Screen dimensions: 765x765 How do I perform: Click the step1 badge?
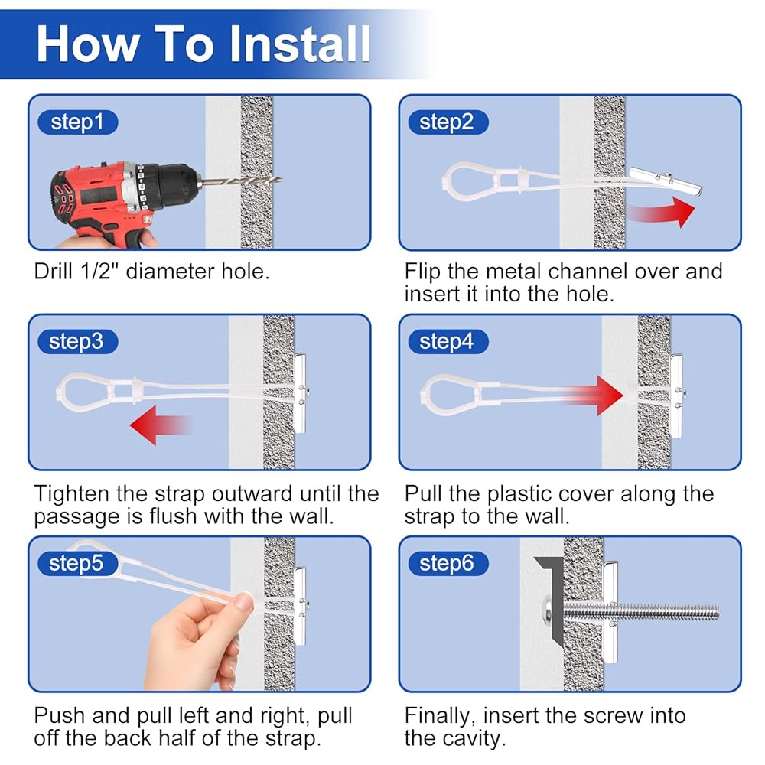tap(77, 122)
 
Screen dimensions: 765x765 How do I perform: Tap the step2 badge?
tap(448, 122)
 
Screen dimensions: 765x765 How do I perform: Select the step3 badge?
tap(77, 341)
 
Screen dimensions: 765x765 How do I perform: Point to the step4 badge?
tap(448, 341)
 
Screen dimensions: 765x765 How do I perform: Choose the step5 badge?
tap(77, 564)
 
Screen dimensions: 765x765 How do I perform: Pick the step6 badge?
tap(448, 564)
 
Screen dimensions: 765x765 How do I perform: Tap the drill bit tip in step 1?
tap(282, 180)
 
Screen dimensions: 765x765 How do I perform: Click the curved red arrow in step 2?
tap(662, 212)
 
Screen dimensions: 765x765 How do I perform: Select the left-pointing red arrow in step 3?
tap(161, 425)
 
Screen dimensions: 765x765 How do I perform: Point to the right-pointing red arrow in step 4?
tap(594, 396)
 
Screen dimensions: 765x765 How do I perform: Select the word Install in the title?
tap(300, 44)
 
